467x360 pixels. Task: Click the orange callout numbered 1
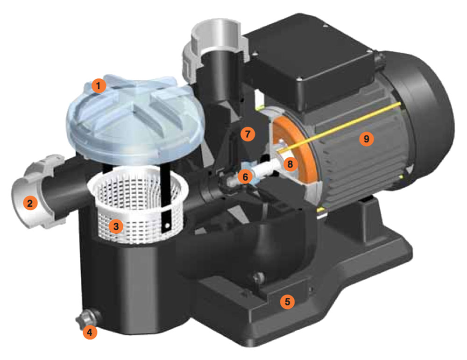click(99, 86)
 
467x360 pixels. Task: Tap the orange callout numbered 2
click(30, 204)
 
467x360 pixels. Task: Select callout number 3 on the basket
click(116, 226)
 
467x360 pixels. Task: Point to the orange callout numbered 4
click(90, 332)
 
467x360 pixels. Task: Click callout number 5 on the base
click(287, 302)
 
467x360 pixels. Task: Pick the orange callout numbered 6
click(245, 177)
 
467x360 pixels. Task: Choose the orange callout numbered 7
click(248, 134)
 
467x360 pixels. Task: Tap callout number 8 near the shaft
click(290, 164)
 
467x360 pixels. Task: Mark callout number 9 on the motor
click(366, 139)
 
